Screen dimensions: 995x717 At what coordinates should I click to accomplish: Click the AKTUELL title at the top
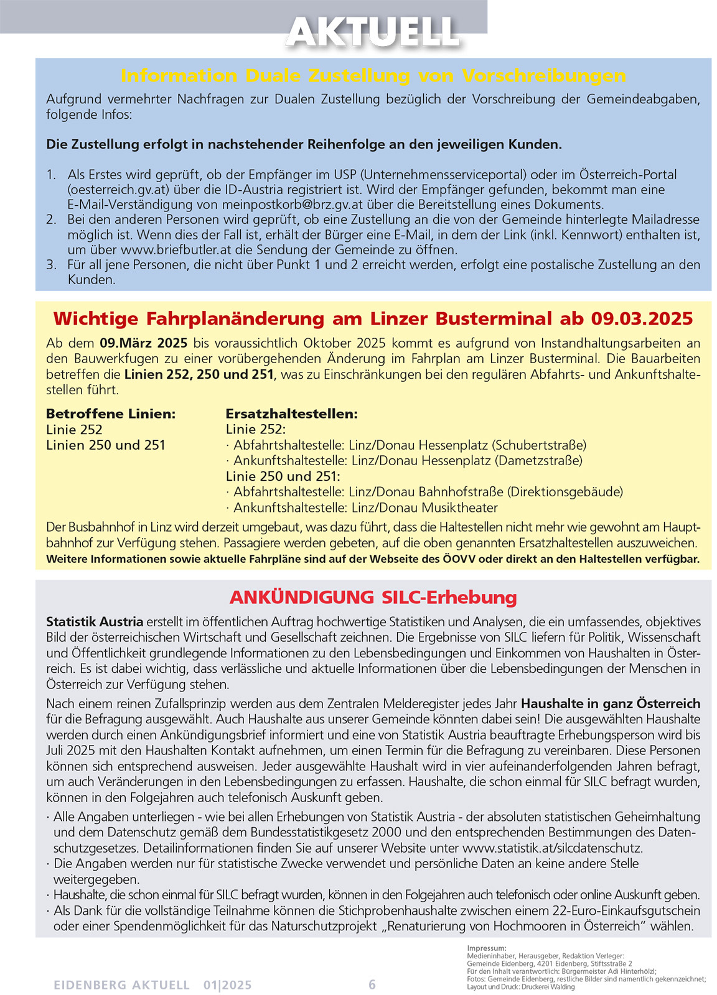pos(372,31)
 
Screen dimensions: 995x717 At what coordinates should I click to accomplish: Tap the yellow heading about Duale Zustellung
pos(373,76)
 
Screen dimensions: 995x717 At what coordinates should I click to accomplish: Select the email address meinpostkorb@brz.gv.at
pos(292,205)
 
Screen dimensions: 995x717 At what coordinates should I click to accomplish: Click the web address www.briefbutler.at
pos(185,250)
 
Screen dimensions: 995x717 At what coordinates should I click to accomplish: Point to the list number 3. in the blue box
pos(52,265)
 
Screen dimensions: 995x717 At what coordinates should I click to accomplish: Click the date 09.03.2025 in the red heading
pos(642,318)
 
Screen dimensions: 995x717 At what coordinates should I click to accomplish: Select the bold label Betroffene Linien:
pos(111,414)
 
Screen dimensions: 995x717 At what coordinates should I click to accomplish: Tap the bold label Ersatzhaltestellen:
pos(291,414)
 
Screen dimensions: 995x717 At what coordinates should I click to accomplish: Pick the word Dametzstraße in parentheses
pos(538,461)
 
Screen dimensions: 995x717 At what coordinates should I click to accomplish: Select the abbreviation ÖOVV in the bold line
pos(458,559)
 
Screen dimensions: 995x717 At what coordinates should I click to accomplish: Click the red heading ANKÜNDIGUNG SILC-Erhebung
pos(373,597)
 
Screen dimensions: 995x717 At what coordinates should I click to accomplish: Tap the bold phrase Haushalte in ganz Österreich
pos(611,704)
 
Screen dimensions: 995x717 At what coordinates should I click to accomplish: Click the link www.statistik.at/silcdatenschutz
pos(552,848)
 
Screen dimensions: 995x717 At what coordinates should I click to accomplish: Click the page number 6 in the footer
pos(372,984)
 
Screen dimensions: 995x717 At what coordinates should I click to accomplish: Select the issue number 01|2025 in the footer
pos(227,985)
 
